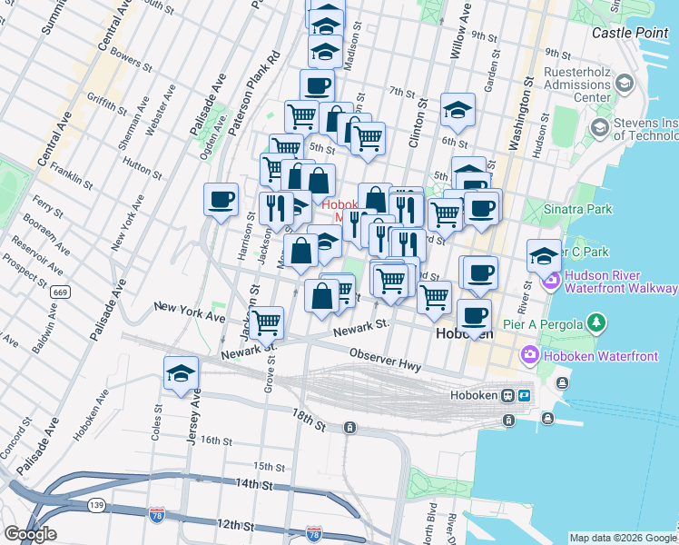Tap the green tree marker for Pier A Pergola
[596, 322]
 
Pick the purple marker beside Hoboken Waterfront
[527, 355]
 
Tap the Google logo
[29, 534]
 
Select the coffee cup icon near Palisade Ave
[221, 200]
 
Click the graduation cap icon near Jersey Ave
[181, 373]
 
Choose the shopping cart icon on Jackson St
[266, 322]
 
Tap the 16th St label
[217, 441]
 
